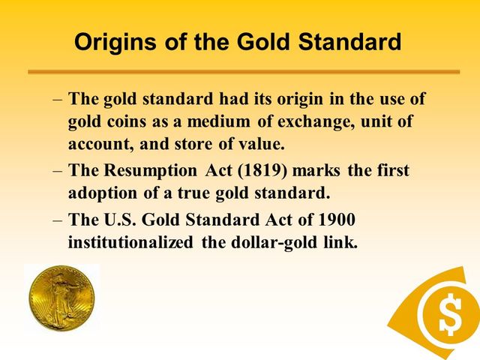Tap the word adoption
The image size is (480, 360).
(x=100, y=192)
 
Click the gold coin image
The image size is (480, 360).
(x=62, y=298)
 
